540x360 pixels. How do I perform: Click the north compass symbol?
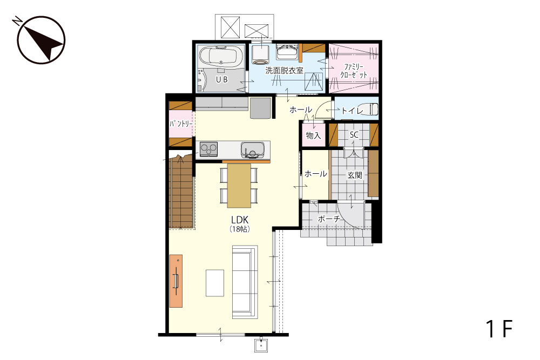pyautogui.click(x=42, y=40)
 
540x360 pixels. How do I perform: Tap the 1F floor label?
pyautogui.click(x=499, y=329)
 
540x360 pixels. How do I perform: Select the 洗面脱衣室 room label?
pyautogui.click(x=284, y=71)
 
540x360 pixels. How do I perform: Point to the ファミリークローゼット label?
pyautogui.click(x=354, y=71)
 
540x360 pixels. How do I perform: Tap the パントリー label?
pyautogui.click(x=180, y=124)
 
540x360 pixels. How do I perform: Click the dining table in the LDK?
pyautogui.click(x=239, y=185)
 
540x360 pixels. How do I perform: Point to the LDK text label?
pyautogui.click(x=240, y=220)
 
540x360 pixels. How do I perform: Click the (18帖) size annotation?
pyautogui.click(x=240, y=229)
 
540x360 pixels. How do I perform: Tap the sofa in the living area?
pyautogui.click(x=245, y=282)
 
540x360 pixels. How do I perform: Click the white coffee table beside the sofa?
pyautogui.click(x=215, y=283)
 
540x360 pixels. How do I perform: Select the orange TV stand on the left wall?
pyautogui.click(x=176, y=281)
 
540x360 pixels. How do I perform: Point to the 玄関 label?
pyautogui.click(x=354, y=175)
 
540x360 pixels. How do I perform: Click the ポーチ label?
pyautogui.click(x=328, y=219)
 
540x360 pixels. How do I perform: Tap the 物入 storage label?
pyautogui.click(x=313, y=135)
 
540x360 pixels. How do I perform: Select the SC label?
pyautogui.click(x=354, y=135)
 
